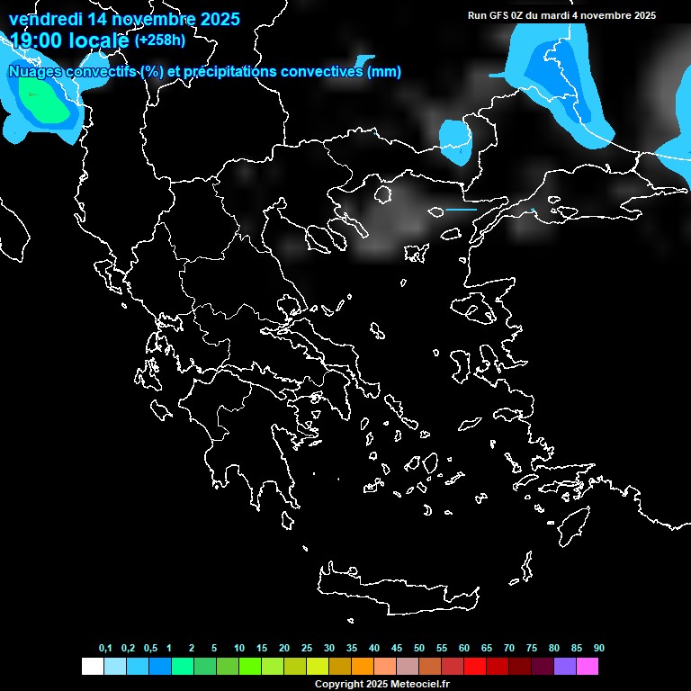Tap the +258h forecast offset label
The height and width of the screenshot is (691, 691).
[160, 40]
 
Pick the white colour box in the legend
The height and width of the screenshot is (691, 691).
[92, 667]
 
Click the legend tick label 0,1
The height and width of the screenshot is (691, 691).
[105, 649]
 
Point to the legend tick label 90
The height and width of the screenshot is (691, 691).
[599, 649]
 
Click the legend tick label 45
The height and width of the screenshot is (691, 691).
[397, 649]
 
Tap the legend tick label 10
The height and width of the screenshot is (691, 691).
[239, 649]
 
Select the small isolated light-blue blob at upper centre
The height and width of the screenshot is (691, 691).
[455, 140]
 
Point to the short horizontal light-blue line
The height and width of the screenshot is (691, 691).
[461, 210]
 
